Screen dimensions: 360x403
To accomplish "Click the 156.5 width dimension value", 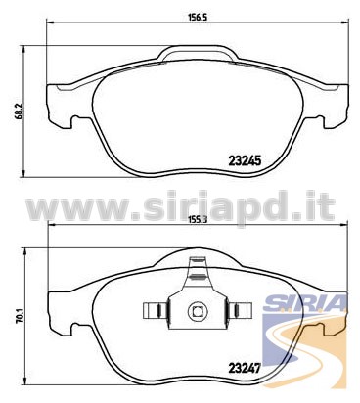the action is pyautogui.click(x=198, y=17).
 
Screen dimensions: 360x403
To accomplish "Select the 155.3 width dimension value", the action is pyautogui.click(x=198, y=219).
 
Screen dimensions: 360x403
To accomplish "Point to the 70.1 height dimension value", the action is pyautogui.click(x=20, y=316).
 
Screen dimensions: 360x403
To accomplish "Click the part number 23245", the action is pyautogui.click(x=245, y=160).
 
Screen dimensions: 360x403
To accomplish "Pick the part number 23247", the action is pyautogui.click(x=245, y=369).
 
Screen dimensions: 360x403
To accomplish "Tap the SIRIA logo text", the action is pyautogui.click(x=304, y=302).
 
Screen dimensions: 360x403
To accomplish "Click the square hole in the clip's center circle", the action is pyautogui.click(x=198, y=311).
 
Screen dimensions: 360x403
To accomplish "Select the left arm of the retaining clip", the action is pyautogui.click(x=156, y=311).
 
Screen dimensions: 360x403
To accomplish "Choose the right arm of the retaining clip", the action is pyautogui.click(x=240, y=311).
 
